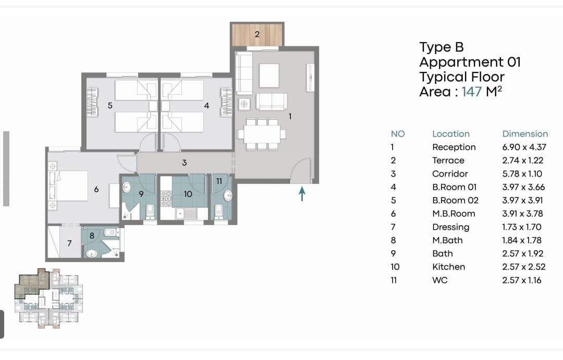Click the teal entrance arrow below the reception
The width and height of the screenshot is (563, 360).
tap(302, 194)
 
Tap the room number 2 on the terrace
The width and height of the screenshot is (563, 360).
tap(256, 34)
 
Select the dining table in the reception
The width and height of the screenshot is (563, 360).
tap(262, 134)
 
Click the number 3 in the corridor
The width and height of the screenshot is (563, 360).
tap(184, 163)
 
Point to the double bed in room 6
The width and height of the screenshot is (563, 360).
tap(71, 185)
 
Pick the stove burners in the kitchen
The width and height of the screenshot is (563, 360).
tap(166, 198)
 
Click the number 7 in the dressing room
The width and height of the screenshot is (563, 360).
tap(69, 243)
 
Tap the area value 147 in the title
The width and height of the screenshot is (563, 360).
tap(471, 92)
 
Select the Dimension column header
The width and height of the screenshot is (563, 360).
tap(525, 134)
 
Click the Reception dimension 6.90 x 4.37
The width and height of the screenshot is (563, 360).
tap(524, 147)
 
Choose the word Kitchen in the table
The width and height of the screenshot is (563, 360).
tap(448, 267)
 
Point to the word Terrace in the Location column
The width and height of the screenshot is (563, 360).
tap(448, 160)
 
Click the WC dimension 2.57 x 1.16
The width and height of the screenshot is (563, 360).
tap(522, 280)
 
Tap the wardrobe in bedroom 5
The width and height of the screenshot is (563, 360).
tap(92, 102)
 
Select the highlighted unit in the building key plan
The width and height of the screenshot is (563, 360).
tap(32, 283)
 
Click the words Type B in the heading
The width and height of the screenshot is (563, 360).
tap(442, 47)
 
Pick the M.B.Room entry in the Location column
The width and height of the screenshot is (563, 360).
tap(454, 214)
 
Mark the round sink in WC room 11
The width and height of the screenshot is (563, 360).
tap(228, 195)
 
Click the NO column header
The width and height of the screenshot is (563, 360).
tap(398, 134)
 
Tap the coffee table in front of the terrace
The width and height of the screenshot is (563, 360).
tap(269, 76)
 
